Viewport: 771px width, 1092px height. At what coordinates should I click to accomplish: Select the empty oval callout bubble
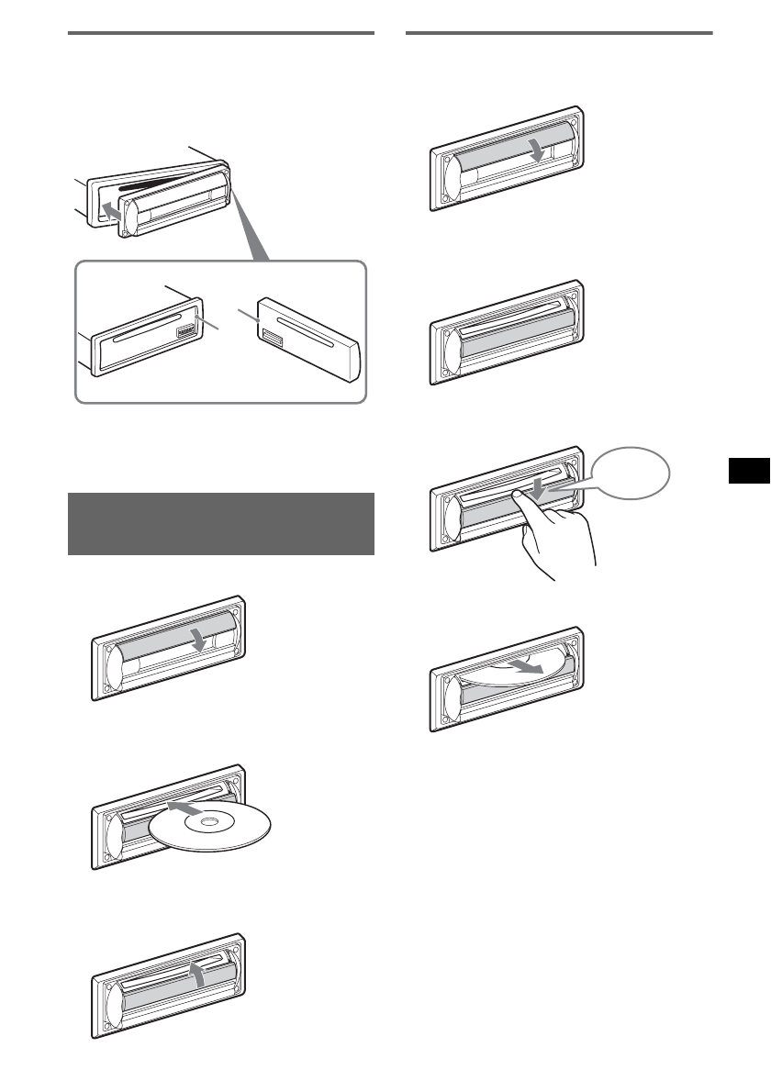(x=631, y=473)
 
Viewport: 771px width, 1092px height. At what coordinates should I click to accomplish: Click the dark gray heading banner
(x=221, y=524)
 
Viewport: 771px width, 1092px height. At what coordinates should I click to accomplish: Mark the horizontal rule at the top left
(x=221, y=34)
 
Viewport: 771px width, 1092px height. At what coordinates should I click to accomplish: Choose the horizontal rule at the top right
(x=559, y=34)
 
